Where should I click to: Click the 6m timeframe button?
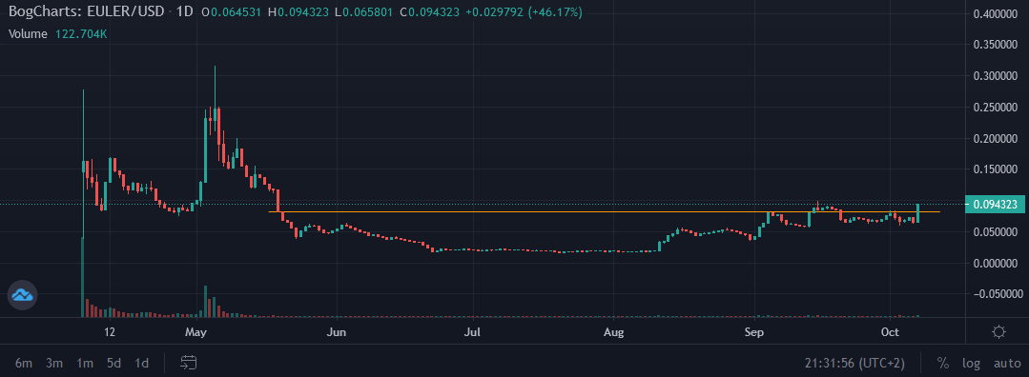pyautogui.click(x=24, y=363)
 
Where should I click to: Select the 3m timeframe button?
pyautogui.click(x=54, y=363)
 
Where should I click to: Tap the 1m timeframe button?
pyautogui.click(x=85, y=363)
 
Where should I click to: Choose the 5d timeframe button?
pyautogui.click(x=113, y=363)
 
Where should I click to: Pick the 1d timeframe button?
pyautogui.click(x=142, y=363)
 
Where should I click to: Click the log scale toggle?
pyautogui.click(x=972, y=363)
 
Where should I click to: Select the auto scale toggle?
pyautogui.click(x=1007, y=363)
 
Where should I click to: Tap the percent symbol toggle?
pyautogui.click(x=943, y=363)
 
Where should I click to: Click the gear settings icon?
pyautogui.click(x=998, y=332)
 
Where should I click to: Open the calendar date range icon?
pyautogui.click(x=188, y=363)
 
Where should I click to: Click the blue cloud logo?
pyautogui.click(x=22, y=295)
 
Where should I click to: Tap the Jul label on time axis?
pyautogui.click(x=472, y=332)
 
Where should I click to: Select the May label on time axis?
pyautogui.click(x=196, y=332)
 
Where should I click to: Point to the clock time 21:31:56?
pyautogui.click(x=832, y=363)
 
